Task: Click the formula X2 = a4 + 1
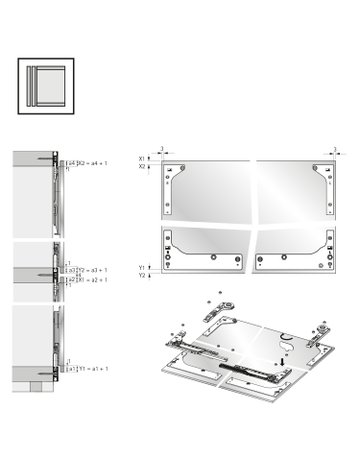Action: tap(92, 160)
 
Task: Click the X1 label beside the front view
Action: tap(142, 159)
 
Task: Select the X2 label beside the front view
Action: tap(142, 167)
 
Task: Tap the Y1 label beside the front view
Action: tap(142, 268)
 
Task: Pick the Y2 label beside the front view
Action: tap(142, 276)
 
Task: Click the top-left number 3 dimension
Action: tap(161, 148)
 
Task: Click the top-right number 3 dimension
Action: tap(334, 148)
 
